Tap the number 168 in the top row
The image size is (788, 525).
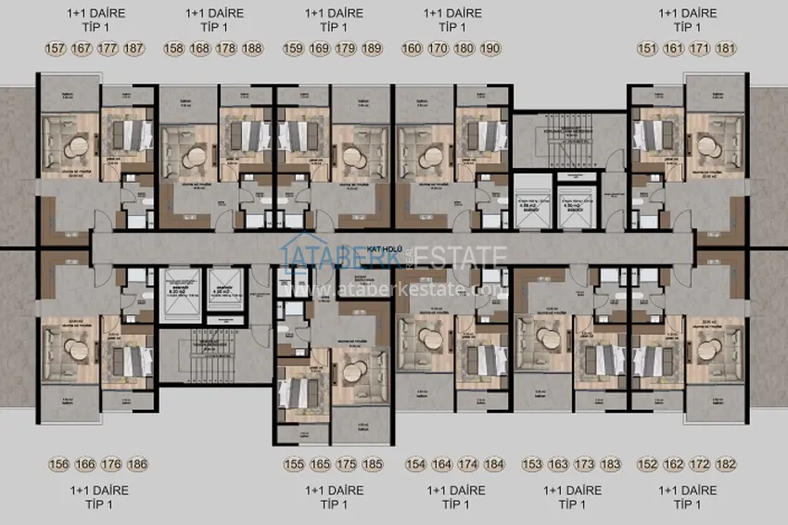[200, 48]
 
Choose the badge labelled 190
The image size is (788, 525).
[490, 48]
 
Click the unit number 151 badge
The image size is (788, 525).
[649, 48]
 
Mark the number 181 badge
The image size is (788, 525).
[726, 48]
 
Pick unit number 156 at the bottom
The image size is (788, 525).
[59, 464]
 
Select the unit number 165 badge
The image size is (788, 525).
[321, 464]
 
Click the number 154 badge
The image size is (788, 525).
[416, 464]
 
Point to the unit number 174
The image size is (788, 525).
[468, 464]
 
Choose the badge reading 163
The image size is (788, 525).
[559, 464]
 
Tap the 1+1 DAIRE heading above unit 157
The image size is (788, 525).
[96, 13]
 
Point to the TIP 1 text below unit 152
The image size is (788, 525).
[687, 505]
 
